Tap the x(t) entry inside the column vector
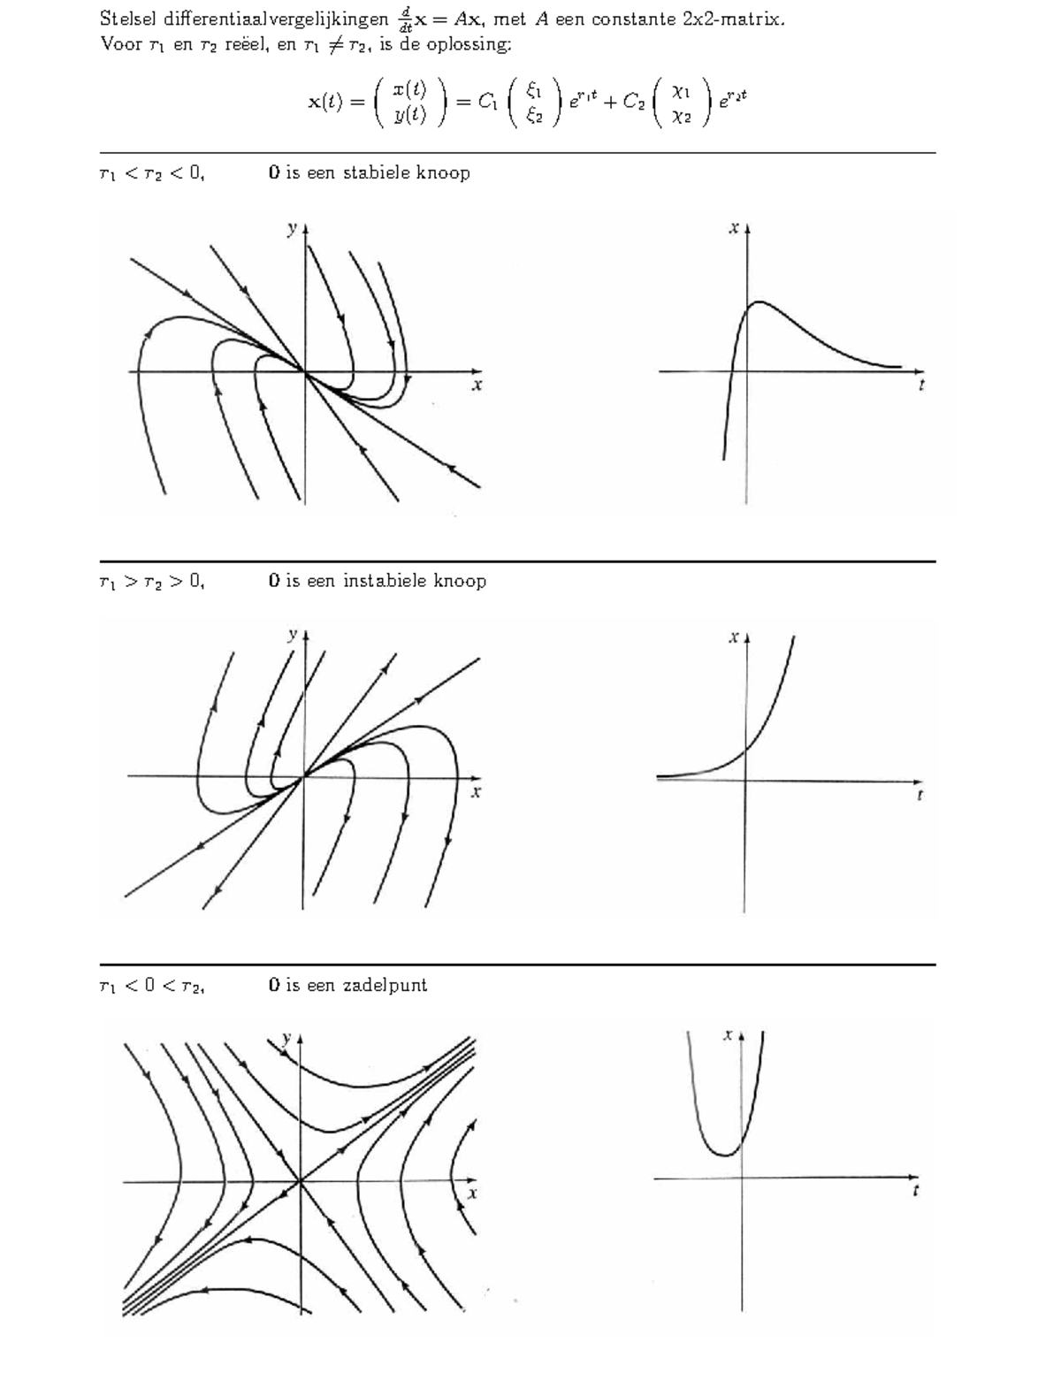pos(409,89)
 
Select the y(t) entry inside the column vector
pos(409,114)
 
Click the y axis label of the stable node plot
pos(292,228)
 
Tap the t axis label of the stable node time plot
pos(921,385)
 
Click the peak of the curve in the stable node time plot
pos(759,302)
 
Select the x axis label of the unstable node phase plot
pos(476,792)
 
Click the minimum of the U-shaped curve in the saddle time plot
pos(724,1155)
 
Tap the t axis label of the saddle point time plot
pos(915,1191)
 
